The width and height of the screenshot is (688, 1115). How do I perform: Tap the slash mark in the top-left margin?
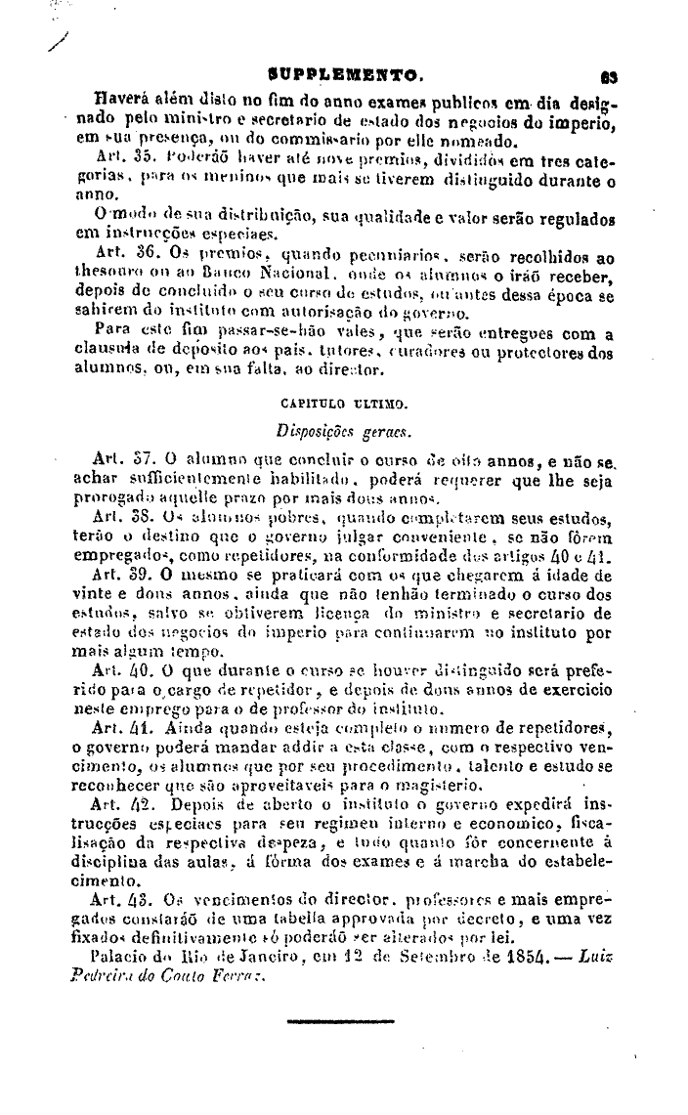coord(63,40)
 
